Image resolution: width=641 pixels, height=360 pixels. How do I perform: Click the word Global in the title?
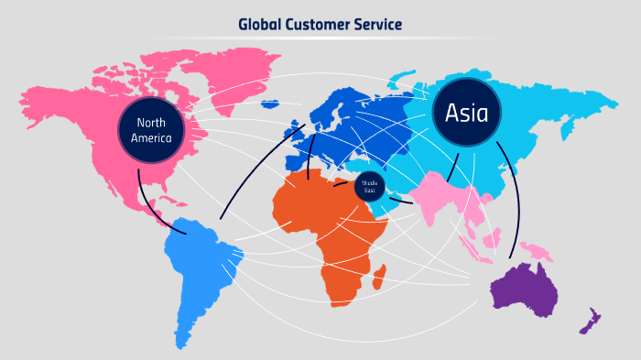point(260,24)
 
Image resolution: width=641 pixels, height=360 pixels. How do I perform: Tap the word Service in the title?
point(377,24)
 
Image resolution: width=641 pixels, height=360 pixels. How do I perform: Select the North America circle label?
point(151,131)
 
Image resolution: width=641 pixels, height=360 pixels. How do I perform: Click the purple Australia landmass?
point(526,289)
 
